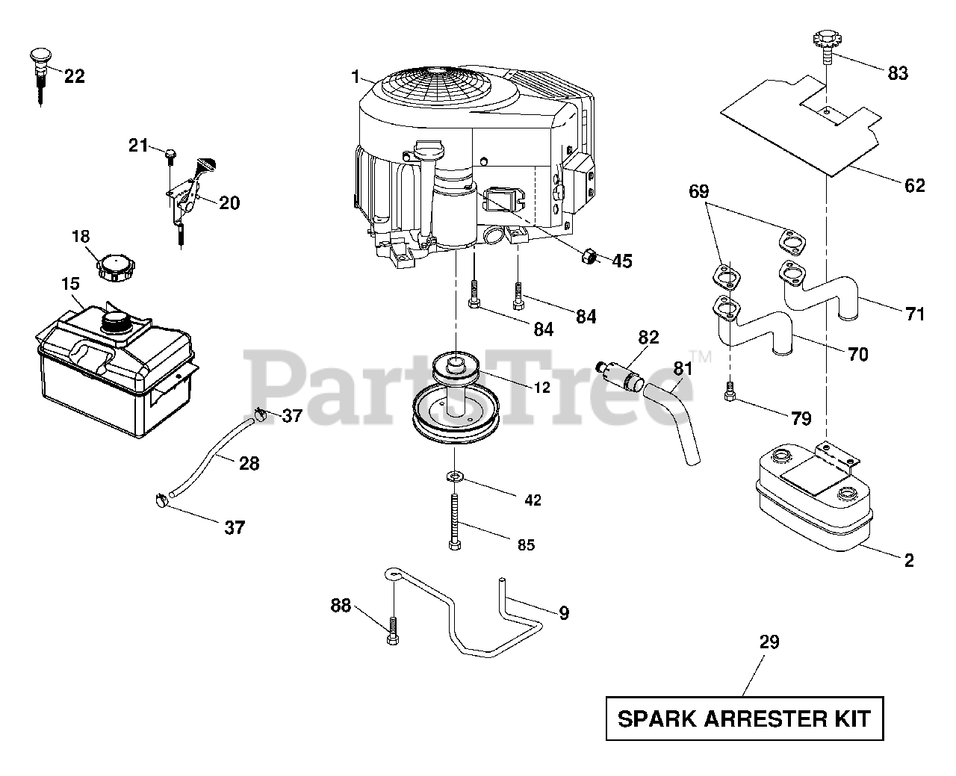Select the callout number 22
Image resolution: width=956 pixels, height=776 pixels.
75,75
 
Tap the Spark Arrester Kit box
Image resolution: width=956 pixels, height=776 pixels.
744,719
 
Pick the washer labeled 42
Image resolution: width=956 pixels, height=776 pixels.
453,477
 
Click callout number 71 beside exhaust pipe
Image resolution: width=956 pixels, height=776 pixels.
915,314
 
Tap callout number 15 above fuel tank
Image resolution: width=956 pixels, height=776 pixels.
70,285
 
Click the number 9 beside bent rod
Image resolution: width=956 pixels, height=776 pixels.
564,613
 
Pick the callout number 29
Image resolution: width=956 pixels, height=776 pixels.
769,642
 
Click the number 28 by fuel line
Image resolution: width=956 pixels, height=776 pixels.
249,463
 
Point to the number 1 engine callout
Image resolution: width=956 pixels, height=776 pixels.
356,75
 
